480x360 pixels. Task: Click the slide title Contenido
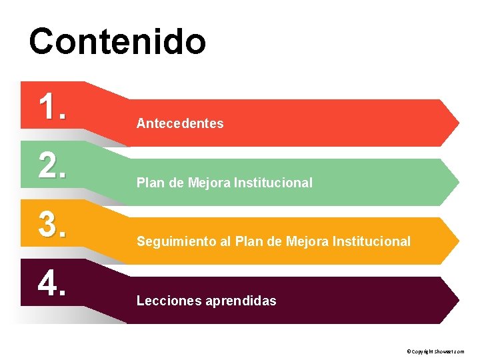click(x=117, y=41)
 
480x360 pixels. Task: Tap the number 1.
click(x=52, y=107)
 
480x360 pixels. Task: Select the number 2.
click(x=52, y=165)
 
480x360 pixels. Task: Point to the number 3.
click(x=52, y=224)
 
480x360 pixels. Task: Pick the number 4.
click(x=52, y=283)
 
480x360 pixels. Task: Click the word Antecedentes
click(x=180, y=123)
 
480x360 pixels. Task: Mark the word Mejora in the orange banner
click(x=307, y=241)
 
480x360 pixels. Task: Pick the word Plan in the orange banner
click(x=247, y=241)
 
